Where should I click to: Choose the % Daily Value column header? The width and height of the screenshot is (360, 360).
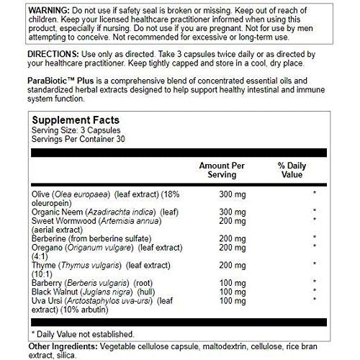(292, 171)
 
